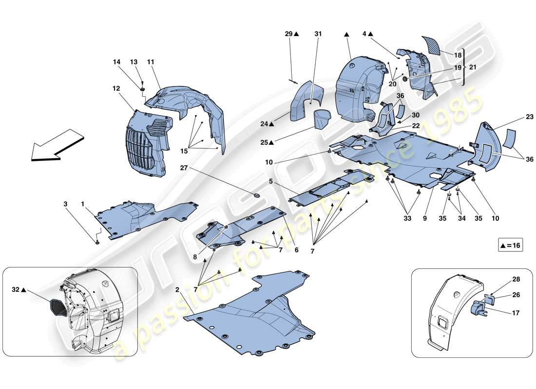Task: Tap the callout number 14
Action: (116, 62)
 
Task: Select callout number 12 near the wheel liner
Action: (115, 89)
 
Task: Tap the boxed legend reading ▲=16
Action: (510, 246)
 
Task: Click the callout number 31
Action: (318, 34)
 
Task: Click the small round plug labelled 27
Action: (257, 195)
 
